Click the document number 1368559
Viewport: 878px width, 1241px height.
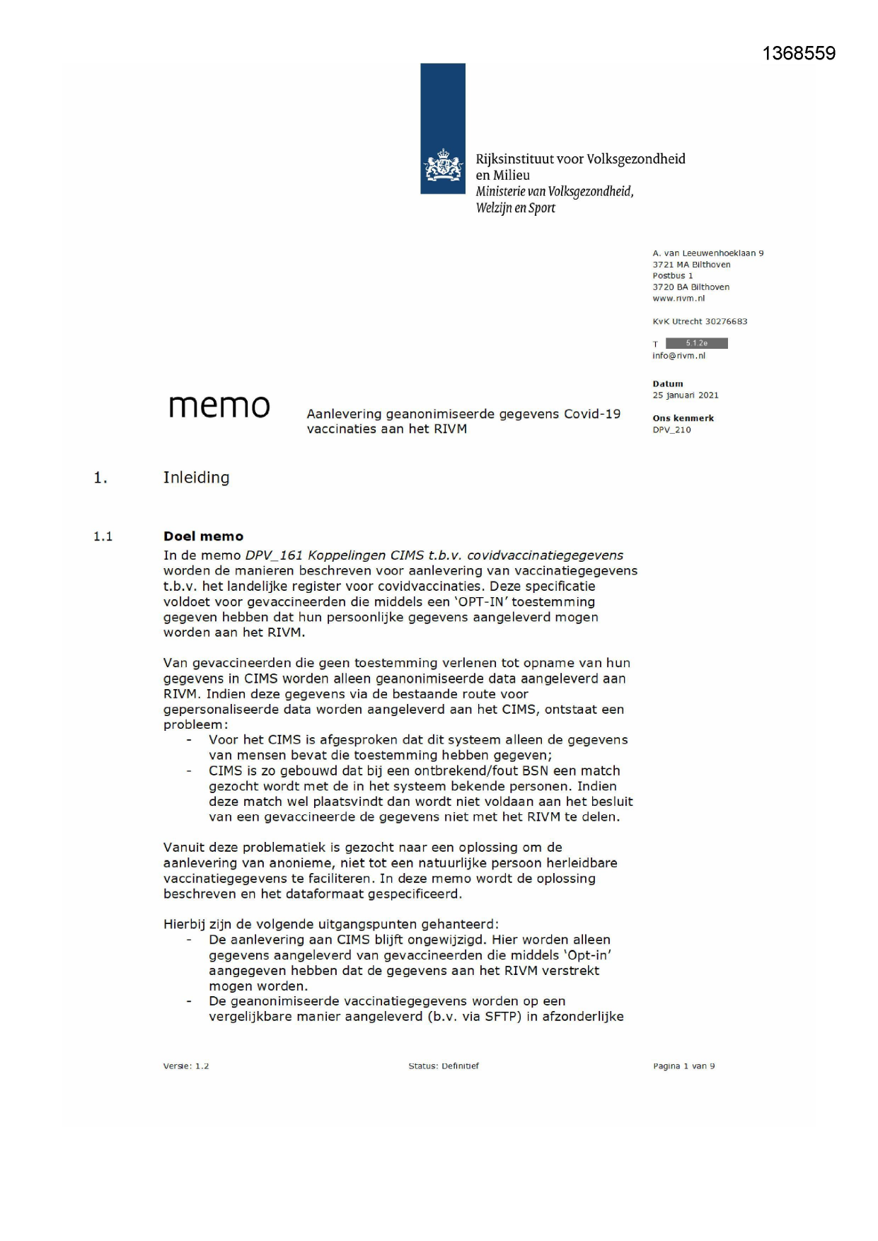tap(799, 54)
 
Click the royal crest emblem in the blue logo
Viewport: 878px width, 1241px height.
tap(443, 166)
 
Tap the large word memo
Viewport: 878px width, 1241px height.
tap(219, 406)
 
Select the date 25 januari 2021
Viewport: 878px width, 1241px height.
tap(685, 396)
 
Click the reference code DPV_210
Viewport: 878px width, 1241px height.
tap(671, 429)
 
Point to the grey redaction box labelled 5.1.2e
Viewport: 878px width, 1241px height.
tap(696, 343)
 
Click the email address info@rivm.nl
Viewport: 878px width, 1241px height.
tap(678, 356)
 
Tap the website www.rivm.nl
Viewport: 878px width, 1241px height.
tap(678, 299)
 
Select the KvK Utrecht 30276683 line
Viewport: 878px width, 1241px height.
tap(700, 321)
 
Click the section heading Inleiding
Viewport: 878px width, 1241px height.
tap(196, 478)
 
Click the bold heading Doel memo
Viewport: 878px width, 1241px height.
tap(203, 536)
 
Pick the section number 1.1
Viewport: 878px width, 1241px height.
tap(103, 536)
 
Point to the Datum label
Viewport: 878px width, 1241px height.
tap(668, 384)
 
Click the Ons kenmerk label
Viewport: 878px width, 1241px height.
tap(683, 418)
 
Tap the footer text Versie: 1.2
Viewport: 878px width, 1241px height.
tap(186, 1066)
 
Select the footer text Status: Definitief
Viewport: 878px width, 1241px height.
tap(444, 1066)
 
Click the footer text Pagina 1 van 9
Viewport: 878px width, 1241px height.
tap(683, 1066)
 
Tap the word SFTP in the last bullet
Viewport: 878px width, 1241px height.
tap(502, 1017)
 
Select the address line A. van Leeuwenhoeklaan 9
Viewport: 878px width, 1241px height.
tap(707, 253)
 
